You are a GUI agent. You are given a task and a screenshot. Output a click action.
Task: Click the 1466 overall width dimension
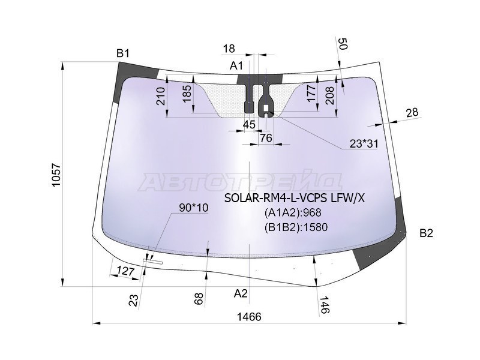pos(249,317)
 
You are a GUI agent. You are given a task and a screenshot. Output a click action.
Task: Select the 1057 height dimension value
pos(56,176)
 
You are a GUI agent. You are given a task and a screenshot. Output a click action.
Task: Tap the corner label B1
pos(123,53)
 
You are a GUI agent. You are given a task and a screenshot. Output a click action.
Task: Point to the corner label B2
pos(426,233)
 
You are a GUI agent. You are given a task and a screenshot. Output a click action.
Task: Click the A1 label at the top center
pos(236,65)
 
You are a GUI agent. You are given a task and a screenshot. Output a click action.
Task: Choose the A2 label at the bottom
pos(241,293)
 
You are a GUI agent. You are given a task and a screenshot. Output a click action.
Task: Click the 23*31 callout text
pos(364,143)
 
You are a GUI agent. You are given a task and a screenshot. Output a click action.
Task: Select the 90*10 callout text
pos(193,208)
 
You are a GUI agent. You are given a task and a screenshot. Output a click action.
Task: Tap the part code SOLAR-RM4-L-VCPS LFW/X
pos(295,199)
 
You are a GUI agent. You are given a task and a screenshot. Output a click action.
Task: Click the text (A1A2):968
pos(293,212)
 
